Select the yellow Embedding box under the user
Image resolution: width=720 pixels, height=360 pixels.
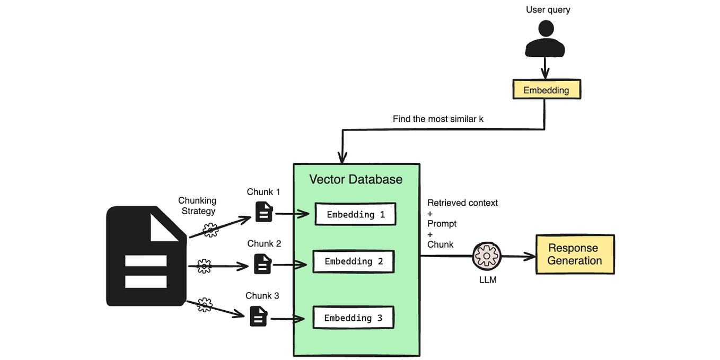(x=547, y=90)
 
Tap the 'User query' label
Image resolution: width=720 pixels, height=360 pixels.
(x=548, y=10)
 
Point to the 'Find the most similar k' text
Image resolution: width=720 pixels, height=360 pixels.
(x=438, y=119)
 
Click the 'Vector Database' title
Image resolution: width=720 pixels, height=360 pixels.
(x=356, y=179)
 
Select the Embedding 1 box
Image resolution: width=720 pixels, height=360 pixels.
(x=355, y=214)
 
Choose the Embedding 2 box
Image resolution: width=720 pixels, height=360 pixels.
(x=353, y=261)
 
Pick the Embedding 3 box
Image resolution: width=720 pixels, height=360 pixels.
(x=353, y=318)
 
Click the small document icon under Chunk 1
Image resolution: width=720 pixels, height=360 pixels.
(x=264, y=212)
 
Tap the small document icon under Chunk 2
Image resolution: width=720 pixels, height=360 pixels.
(x=262, y=264)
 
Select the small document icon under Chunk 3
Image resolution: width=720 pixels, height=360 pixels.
(x=258, y=316)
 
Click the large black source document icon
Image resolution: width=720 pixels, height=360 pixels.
(x=146, y=256)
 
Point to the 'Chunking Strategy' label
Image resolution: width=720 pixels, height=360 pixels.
(x=197, y=206)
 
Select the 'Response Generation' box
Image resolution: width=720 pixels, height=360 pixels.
(x=575, y=254)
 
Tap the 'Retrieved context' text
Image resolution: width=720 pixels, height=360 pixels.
(x=462, y=203)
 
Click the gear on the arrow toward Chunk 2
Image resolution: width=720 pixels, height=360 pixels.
(x=204, y=266)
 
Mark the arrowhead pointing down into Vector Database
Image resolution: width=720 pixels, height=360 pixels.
(x=343, y=159)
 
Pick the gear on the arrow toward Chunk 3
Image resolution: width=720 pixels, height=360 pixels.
(x=204, y=304)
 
